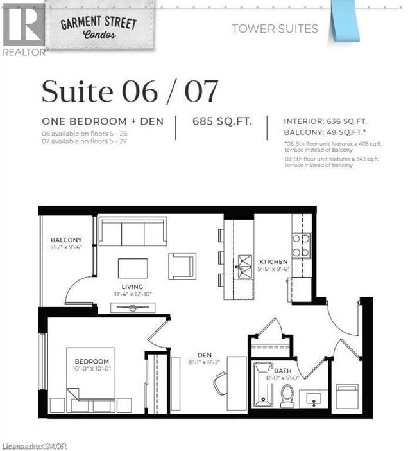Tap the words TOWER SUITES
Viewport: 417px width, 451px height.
[275, 28]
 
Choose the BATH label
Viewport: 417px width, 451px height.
[283, 371]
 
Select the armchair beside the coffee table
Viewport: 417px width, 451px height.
[182, 266]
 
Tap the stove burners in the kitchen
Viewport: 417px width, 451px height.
[301, 243]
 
